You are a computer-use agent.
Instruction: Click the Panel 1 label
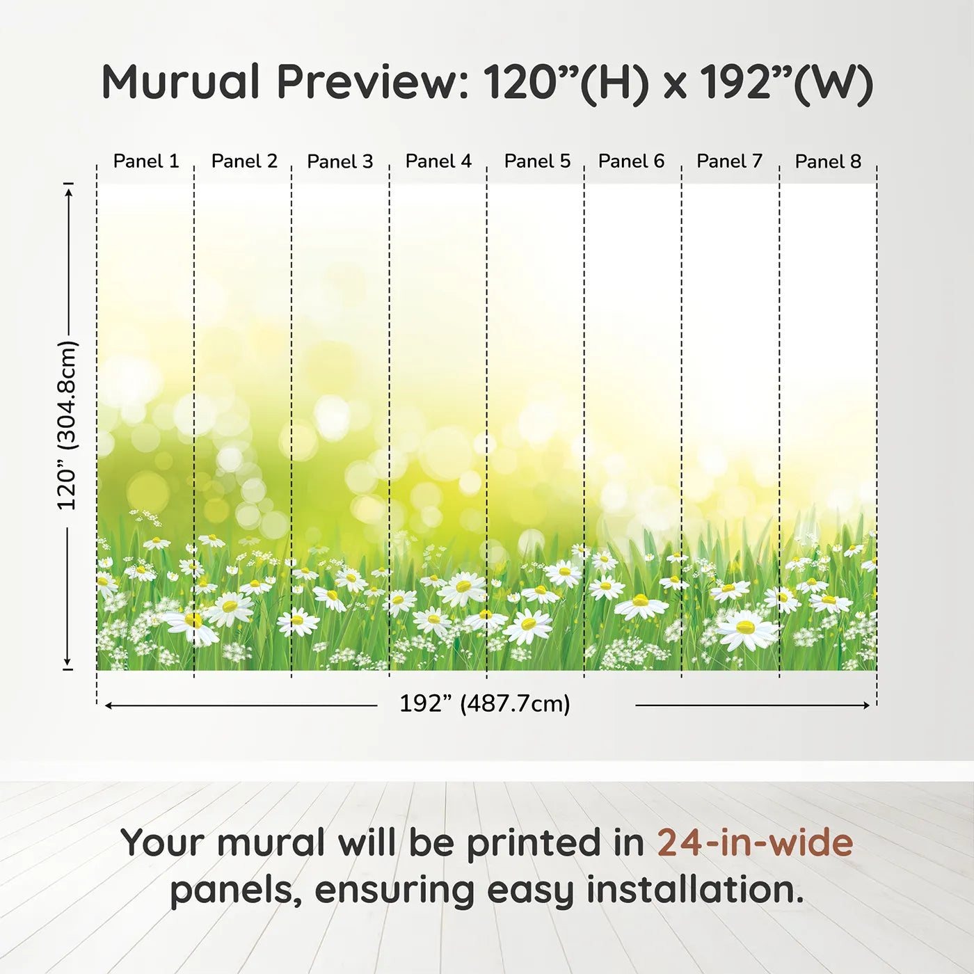[146, 161]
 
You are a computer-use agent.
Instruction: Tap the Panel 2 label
[244, 161]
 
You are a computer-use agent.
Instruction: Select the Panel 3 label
[340, 161]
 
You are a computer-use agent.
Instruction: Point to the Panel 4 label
[438, 161]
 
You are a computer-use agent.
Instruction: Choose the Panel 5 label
[537, 161]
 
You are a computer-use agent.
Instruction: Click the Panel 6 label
[631, 161]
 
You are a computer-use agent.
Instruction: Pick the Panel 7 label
[729, 161]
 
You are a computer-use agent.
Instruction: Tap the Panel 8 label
[828, 161]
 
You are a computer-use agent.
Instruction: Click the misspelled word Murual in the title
[181, 81]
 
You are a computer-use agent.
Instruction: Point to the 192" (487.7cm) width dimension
[485, 703]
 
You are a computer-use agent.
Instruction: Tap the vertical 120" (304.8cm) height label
[67, 425]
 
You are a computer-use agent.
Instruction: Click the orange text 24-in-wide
[755, 842]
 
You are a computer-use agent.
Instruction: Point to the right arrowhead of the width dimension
[866, 705]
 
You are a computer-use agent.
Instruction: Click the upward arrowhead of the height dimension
[69, 191]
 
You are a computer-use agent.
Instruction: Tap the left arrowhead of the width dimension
[109, 705]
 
